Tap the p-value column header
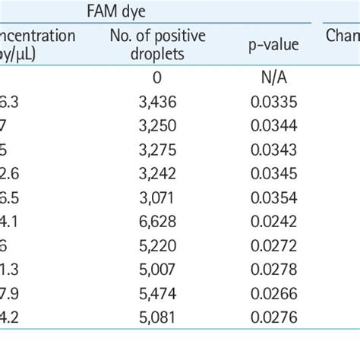272,46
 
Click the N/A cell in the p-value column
272,79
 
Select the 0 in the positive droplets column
157,79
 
